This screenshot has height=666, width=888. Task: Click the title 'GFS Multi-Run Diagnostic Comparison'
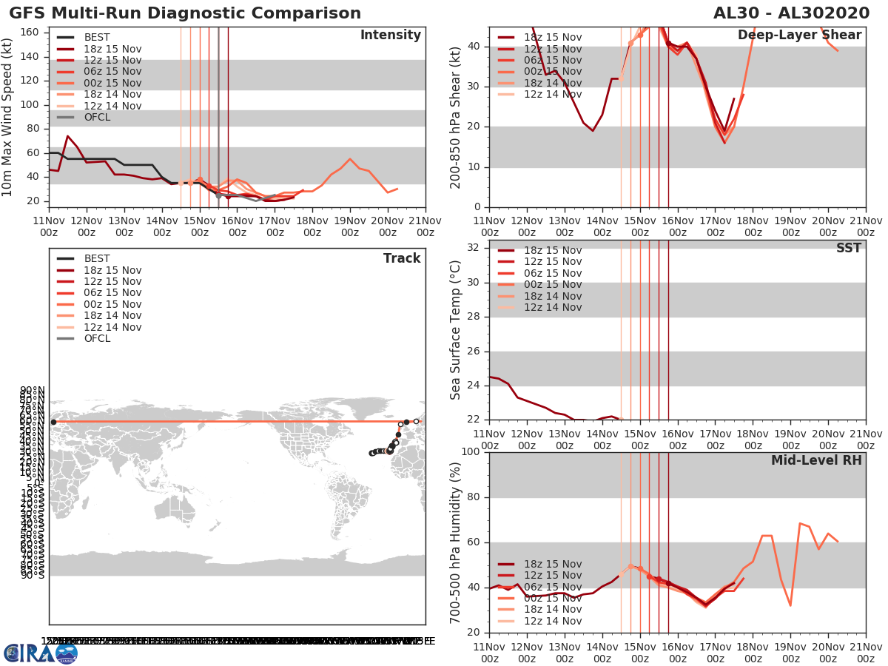pyautogui.click(x=185, y=13)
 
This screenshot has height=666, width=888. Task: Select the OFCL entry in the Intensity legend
pyautogui.click(x=97, y=118)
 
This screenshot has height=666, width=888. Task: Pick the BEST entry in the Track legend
pyautogui.click(x=97, y=259)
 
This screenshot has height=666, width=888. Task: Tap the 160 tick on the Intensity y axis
pyautogui.click(x=34, y=33)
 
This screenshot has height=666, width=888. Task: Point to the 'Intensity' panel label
pyautogui.click(x=390, y=36)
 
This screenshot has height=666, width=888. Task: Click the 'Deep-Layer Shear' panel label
pyautogui.click(x=799, y=36)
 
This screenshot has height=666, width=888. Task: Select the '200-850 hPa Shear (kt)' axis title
pyautogui.click(x=456, y=117)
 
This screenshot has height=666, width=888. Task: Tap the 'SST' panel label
pyautogui.click(x=848, y=248)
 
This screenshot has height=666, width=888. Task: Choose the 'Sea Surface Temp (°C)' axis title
pyautogui.click(x=456, y=329)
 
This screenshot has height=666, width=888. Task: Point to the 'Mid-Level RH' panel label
pyautogui.click(x=816, y=460)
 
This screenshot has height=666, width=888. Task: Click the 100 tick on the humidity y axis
pyautogui.click(x=471, y=451)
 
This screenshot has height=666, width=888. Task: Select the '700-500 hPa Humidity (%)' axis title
pyautogui.click(x=456, y=542)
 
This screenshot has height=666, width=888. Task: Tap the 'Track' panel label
pyautogui.click(x=401, y=258)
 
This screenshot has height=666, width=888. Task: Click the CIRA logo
pyautogui.click(x=40, y=653)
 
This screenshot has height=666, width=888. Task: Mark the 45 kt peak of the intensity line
pyautogui.click(x=349, y=158)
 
